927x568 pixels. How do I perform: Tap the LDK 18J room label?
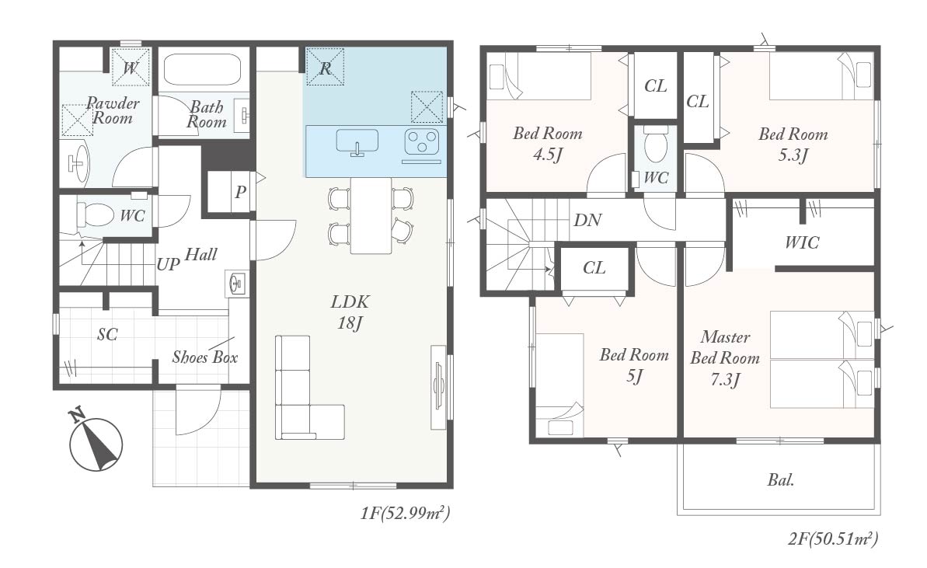pyautogui.click(x=350, y=312)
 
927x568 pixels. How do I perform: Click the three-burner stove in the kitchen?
pyautogui.click(x=421, y=142)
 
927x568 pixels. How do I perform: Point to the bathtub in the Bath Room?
pyautogui.click(x=201, y=71)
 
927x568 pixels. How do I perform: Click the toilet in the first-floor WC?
pyautogui.click(x=95, y=214)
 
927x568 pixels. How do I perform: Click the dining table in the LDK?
pyautogui.click(x=371, y=215)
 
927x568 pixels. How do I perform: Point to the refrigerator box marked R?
pyautogui.click(x=325, y=67)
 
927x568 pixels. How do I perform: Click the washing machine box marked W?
pyautogui.click(x=130, y=67)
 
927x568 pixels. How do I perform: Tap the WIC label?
pyautogui.click(x=802, y=242)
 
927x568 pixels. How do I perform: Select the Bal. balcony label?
pyautogui.click(x=780, y=480)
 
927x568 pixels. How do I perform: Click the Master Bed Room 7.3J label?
pyautogui.click(x=725, y=358)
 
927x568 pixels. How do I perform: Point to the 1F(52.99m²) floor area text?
pyautogui.click(x=406, y=513)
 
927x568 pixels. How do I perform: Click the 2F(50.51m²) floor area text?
pyautogui.click(x=833, y=538)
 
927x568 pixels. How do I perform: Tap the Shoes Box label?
pyautogui.click(x=204, y=357)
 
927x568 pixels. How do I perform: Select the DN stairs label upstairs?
pyautogui.click(x=587, y=221)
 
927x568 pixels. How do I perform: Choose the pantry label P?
pyautogui.click(x=240, y=192)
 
